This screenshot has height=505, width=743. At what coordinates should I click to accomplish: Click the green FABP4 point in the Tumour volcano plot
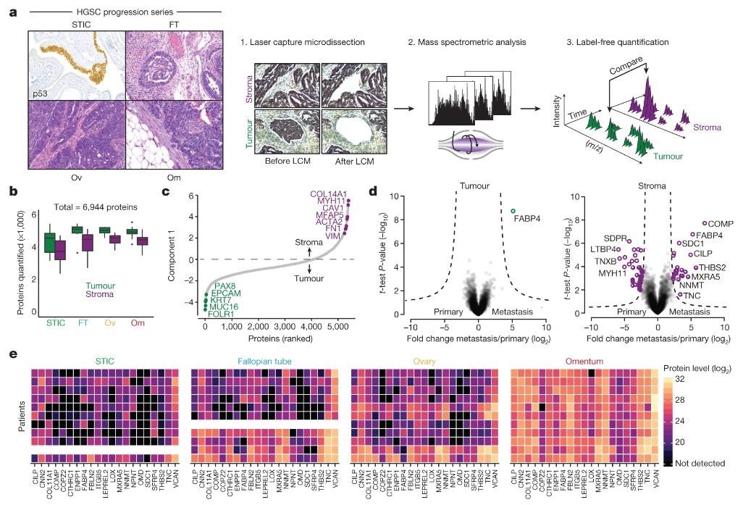pos(513,210)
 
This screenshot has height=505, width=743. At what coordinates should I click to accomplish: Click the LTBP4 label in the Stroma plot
pos(603,249)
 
